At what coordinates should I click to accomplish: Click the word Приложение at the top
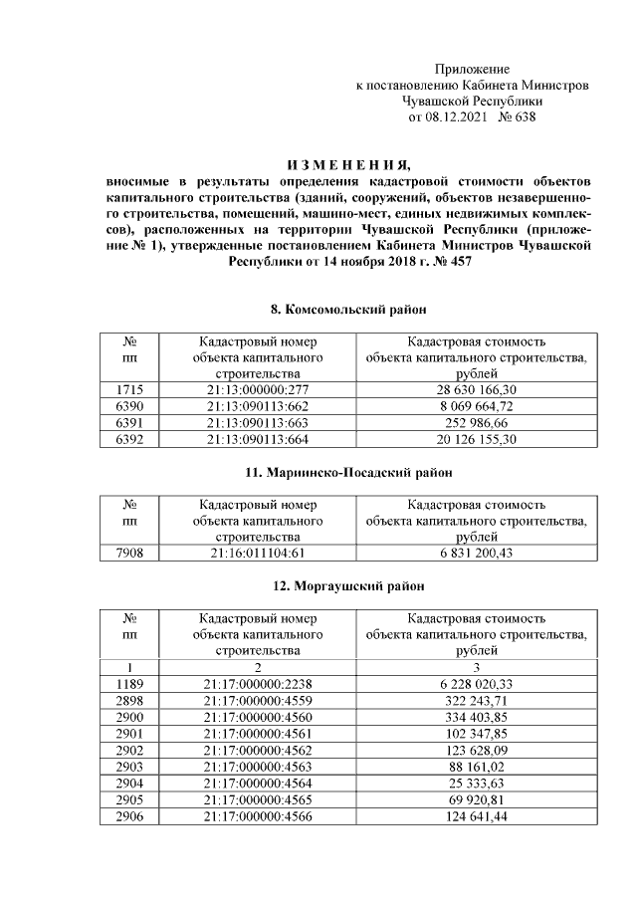tap(472, 69)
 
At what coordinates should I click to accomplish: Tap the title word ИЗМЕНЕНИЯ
tap(347, 165)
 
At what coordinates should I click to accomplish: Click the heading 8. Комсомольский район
tap(347, 310)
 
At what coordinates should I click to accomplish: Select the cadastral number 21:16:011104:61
tap(256, 553)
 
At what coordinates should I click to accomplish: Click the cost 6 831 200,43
tap(471, 553)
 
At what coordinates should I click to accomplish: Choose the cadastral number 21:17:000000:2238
tap(256, 683)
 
